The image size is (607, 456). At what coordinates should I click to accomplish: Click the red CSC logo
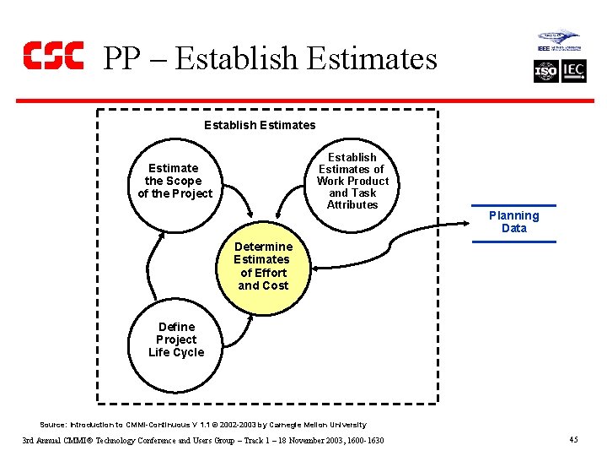click(x=53, y=56)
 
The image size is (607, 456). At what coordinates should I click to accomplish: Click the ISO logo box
click(x=546, y=71)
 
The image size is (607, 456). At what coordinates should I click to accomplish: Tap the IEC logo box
click(x=573, y=71)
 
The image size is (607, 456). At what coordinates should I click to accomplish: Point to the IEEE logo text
click(x=545, y=48)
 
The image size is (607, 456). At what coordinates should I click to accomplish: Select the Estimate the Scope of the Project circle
click(x=175, y=181)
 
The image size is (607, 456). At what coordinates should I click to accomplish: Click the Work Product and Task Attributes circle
click(x=352, y=181)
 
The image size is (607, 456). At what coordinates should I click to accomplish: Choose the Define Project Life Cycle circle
click(x=176, y=339)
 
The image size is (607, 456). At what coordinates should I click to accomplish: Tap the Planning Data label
click(x=513, y=222)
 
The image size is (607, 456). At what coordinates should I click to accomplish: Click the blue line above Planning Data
click(x=513, y=205)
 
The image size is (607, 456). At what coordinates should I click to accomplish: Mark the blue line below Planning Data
click(x=513, y=242)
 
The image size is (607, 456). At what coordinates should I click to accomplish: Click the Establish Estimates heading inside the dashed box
click(x=260, y=125)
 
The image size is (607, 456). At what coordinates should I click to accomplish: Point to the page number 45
click(x=573, y=440)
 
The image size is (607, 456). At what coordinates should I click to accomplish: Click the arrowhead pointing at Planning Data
click(x=475, y=221)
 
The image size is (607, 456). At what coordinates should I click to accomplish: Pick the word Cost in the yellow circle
click(x=275, y=285)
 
